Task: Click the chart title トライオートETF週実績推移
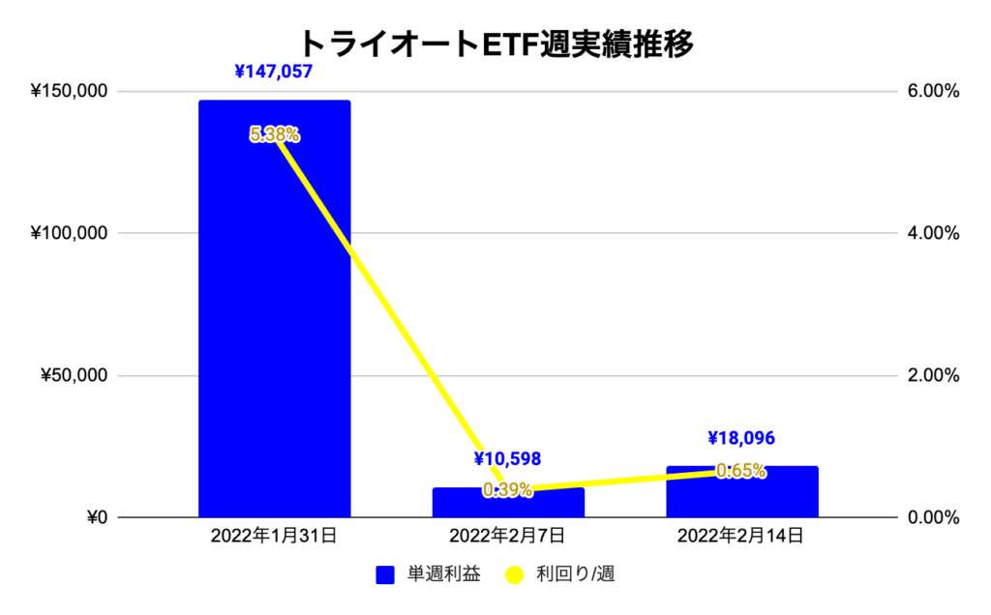click(495, 44)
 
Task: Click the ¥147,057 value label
click(274, 72)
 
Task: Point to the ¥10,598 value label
click(507, 458)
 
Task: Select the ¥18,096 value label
click(741, 438)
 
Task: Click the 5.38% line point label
click(274, 135)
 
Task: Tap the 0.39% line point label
click(508, 490)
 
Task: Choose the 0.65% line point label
click(741, 472)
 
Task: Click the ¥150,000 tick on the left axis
click(70, 92)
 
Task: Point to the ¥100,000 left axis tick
click(70, 234)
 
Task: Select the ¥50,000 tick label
click(75, 376)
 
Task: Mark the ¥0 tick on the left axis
click(93, 517)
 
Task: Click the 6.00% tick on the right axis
click(931, 92)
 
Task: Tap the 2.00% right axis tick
click(931, 376)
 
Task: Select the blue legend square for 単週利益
click(385, 575)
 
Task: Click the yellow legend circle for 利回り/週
click(514, 575)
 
